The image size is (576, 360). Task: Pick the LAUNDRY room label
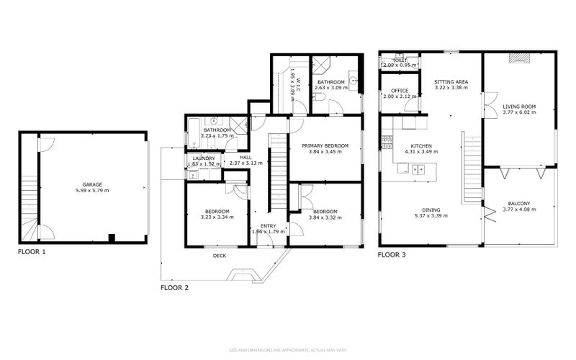[204, 158]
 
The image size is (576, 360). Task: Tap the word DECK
[220, 255]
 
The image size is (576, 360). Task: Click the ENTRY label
[268, 226]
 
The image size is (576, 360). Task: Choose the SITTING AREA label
[451, 82]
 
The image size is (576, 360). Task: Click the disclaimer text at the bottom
[288, 350]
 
